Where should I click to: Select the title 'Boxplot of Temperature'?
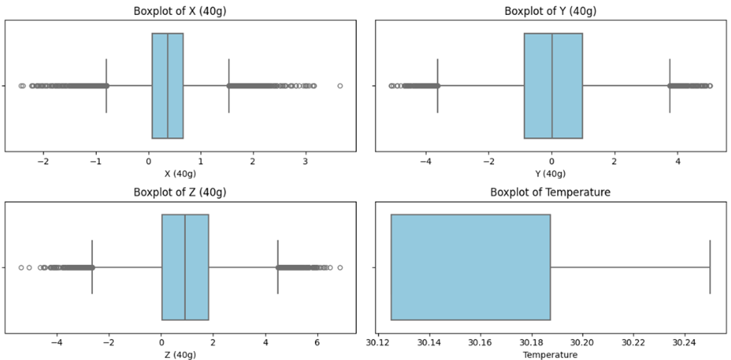550,192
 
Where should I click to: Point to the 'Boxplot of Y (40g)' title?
550,10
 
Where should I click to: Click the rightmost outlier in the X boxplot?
340,85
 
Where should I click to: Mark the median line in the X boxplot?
167,85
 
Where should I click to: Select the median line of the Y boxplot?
552,85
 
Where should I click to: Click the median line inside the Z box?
185,267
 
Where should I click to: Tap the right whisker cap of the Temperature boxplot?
709,267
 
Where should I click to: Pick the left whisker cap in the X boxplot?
106,85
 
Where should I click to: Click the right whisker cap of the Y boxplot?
670,85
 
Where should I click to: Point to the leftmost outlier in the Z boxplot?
21,267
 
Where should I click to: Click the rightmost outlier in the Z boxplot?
340,267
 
